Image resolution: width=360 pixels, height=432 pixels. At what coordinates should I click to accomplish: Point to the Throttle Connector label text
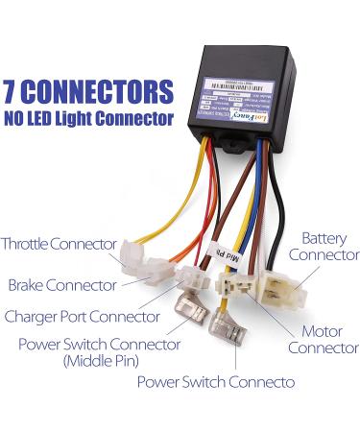(60, 243)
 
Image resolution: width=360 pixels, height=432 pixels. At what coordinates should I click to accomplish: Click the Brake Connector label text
(62, 285)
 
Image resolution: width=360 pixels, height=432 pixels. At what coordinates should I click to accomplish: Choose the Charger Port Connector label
(82, 316)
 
